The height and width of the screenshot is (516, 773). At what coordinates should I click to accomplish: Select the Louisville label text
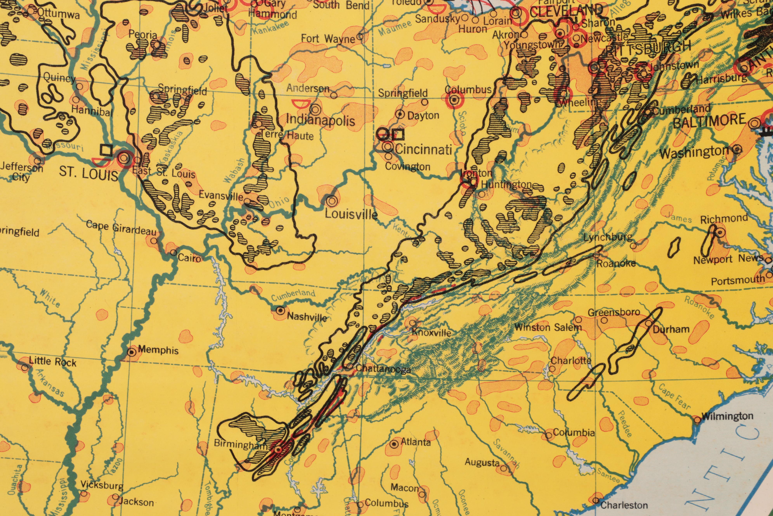(x=351, y=214)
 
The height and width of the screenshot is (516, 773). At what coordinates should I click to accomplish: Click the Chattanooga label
(x=383, y=369)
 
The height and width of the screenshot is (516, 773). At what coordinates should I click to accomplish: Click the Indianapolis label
(x=321, y=120)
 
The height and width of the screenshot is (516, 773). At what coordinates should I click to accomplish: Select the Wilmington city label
(x=727, y=416)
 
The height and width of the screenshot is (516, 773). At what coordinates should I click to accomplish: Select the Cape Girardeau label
(x=121, y=228)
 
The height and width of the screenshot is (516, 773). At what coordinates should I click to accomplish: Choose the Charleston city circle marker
(x=596, y=500)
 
